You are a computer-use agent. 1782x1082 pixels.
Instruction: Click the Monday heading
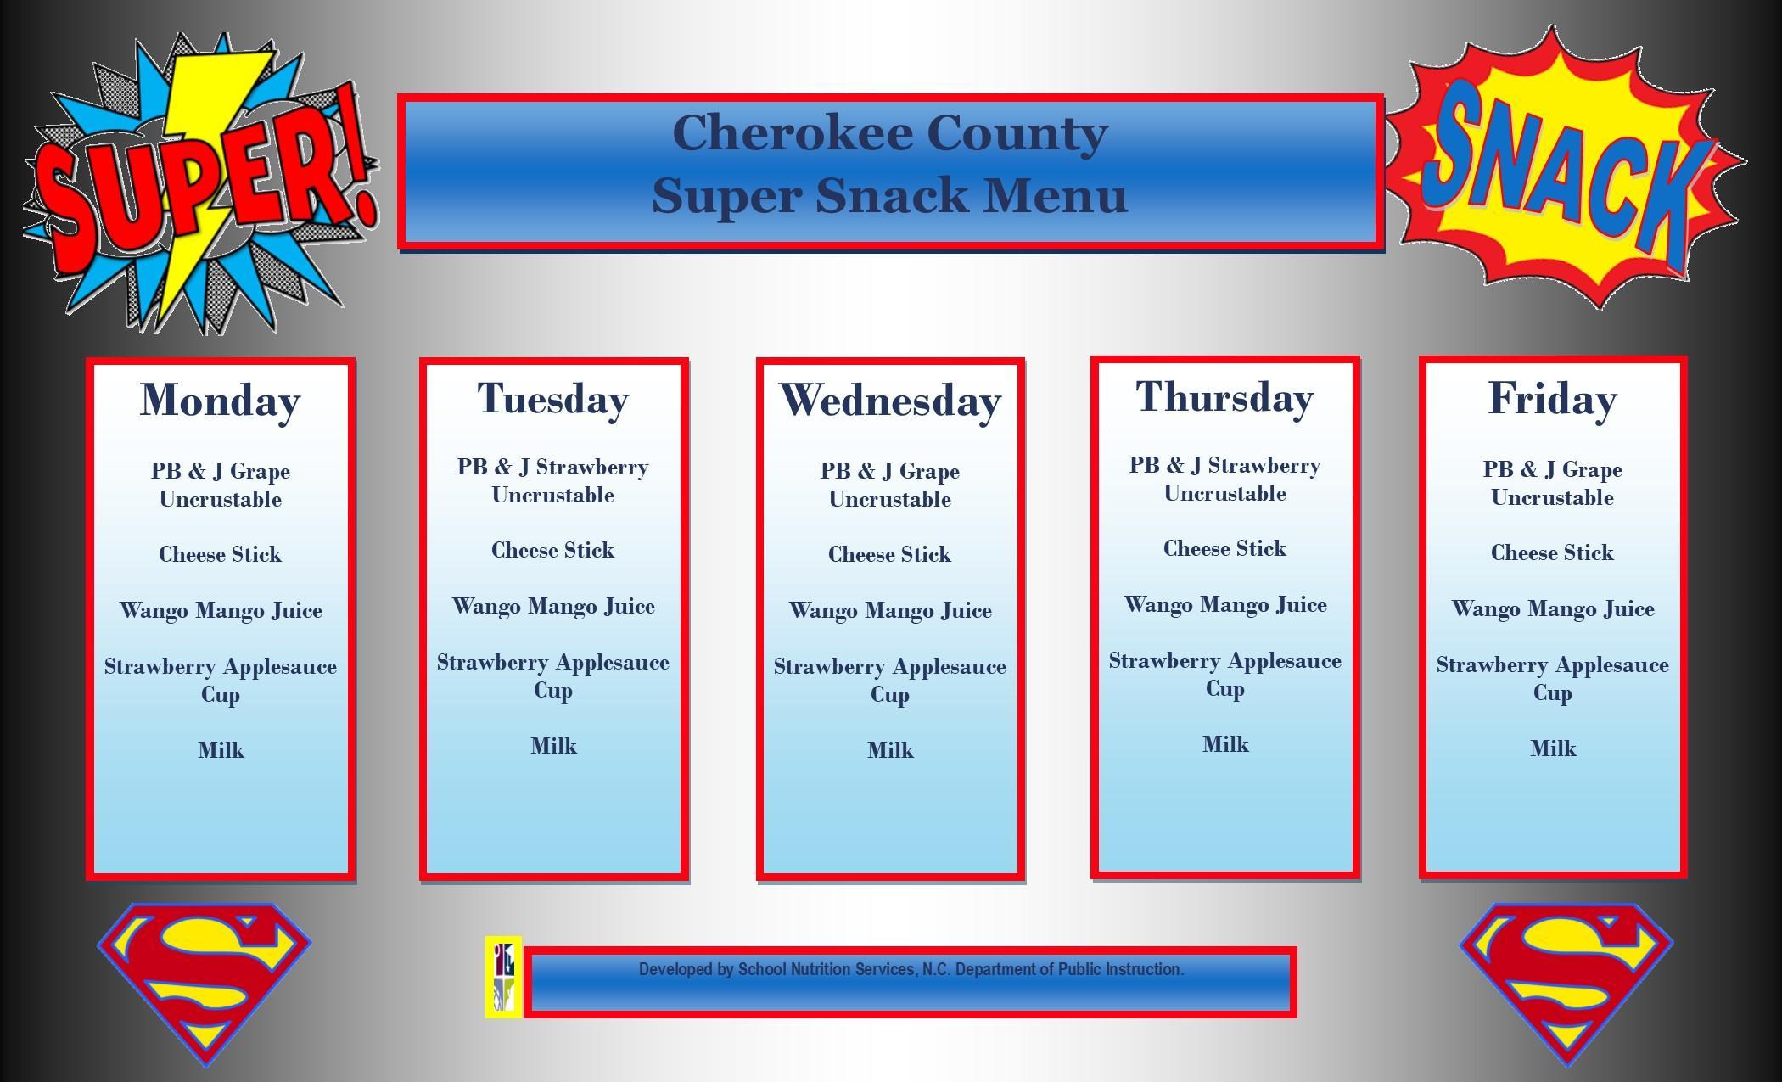(220, 401)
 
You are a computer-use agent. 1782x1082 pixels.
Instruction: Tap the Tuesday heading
(552, 399)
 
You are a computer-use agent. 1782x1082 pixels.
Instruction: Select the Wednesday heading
(889, 401)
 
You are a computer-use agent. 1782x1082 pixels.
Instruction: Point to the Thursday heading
(1224, 397)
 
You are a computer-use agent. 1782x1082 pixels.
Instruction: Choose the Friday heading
(1552, 399)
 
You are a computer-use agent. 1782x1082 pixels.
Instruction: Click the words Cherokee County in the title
(890, 133)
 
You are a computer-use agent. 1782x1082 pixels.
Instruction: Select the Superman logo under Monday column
(205, 980)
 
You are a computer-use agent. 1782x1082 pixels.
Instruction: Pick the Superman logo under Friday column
(1566, 980)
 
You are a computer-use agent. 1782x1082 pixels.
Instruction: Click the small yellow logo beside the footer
(503, 977)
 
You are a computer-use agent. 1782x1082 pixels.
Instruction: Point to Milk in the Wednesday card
(890, 750)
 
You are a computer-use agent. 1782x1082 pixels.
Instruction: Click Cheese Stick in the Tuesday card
(552, 550)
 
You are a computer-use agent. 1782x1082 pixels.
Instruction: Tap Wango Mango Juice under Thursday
(1224, 605)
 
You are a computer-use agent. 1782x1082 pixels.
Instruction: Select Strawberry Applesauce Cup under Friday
(1552, 678)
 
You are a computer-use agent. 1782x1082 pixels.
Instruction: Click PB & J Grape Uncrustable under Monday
(220, 485)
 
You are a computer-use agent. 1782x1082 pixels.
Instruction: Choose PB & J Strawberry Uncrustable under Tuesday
(552, 480)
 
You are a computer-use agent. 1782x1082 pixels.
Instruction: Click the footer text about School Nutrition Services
(911, 969)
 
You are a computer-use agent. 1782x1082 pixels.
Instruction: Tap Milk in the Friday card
(1552, 748)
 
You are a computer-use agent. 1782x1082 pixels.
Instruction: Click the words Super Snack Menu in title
(889, 195)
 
